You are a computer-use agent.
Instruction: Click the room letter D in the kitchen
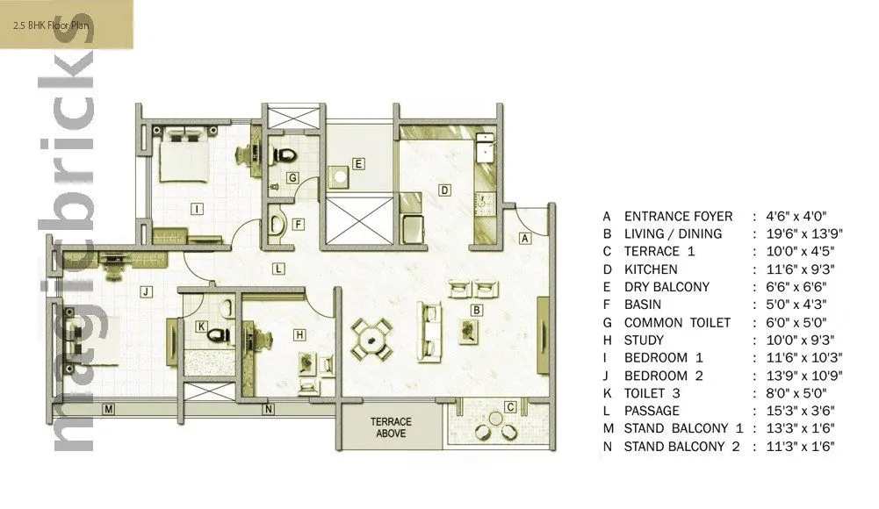(x=445, y=190)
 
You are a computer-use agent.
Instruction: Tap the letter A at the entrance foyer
(x=525, y=238)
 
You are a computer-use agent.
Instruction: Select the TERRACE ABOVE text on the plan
(x=390, y=427)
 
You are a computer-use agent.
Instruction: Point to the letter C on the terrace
(x=510, y=406)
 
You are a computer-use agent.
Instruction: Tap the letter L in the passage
(x=277, y=269)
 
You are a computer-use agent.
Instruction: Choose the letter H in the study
(x=299, y=334)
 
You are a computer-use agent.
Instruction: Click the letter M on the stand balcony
(x=108, y=409)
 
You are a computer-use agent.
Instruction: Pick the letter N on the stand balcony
(x=268, y=409)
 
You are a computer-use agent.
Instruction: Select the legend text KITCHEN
(x=651, y=269)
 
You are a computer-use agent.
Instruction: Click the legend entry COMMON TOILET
(x=677, y=322)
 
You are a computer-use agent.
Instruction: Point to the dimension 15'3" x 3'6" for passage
(x=793, y=411)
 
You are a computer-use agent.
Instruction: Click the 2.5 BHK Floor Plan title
(x=51, y=25)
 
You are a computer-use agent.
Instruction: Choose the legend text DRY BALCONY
(x=666, y=287)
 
